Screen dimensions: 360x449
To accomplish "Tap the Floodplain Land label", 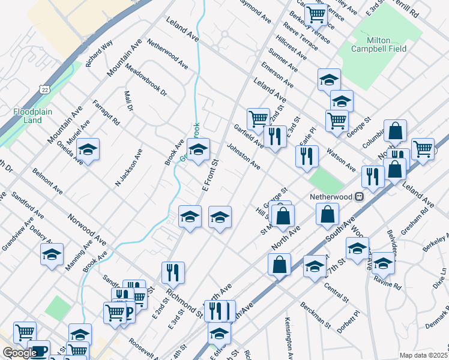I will pos(28,116).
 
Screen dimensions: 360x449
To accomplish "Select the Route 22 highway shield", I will pos(45,89).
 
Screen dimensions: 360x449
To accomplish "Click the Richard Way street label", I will pos(99,53).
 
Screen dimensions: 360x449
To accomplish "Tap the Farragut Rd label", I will pos(106,113).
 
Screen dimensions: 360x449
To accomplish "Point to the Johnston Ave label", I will pos(243,155).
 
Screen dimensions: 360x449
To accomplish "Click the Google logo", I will pos(20,353).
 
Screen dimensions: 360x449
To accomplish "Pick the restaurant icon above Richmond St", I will pos(173,273).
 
